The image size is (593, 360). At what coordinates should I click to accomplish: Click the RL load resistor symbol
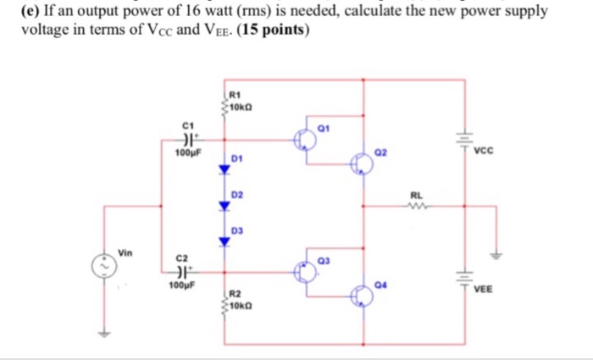coord(416,204)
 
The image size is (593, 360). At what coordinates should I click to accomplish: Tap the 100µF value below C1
coord(186,154)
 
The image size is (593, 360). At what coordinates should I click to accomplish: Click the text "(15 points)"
coord(274,30)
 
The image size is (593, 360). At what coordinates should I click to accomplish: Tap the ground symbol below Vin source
coord(106,334)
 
